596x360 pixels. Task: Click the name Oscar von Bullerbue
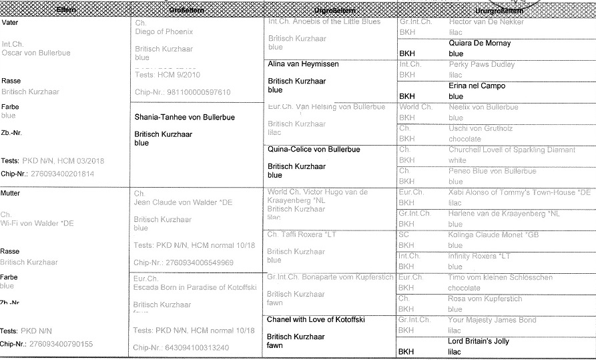(x=36, y=53)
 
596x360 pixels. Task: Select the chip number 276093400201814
(x=60, y=174)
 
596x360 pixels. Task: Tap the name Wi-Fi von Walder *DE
(x=38, y=223)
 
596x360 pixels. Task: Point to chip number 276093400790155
(x=60, y=344)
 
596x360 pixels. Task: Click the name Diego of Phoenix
(x=164, y=31)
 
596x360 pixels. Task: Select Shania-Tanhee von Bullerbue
(x=185, y=118)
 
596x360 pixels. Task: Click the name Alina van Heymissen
(x=303, y=64)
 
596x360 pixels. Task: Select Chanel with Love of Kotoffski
(x=316, y=320)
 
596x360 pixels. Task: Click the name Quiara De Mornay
(x=479, y=43)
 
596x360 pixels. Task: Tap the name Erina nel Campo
(x=477, y=86)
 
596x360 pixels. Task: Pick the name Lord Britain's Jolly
(x=478, y=341)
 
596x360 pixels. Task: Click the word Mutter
(x=11, y=193)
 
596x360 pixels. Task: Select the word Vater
(x=10, y=23)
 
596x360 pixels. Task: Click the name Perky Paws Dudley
(x=482, y=65)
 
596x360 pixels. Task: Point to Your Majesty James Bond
(x=493, y=320)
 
